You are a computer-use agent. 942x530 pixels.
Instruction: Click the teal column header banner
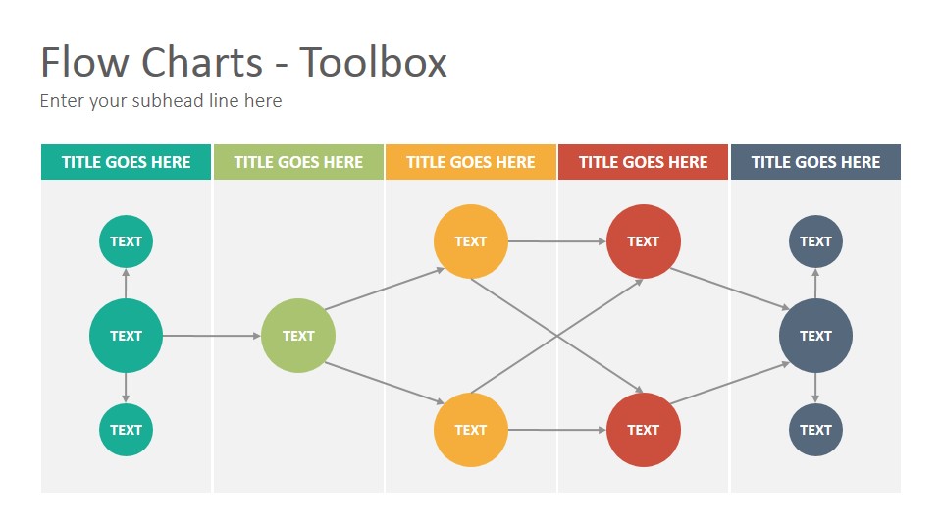[x=127, y=162]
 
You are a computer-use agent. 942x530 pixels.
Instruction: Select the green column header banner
[x=298, y=162]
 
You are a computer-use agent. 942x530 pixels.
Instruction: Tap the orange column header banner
[x=471, y=162]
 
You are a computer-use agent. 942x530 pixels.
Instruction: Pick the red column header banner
[x=644, y=162]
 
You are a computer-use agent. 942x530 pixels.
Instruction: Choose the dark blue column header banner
[x=815, y=162]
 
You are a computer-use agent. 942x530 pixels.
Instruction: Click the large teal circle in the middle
[x=127, y=336]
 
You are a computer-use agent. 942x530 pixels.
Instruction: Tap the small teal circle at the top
[x=127, y=241]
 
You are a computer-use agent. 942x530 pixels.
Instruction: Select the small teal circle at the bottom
[x=127, y=430]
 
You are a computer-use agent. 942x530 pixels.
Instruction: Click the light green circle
[x=298, y=336]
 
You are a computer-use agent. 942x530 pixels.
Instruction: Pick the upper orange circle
[x=471, y=241]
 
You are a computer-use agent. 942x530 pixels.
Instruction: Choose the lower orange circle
[x=471, y=430]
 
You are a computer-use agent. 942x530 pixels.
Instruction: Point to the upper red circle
[x=644, y=241]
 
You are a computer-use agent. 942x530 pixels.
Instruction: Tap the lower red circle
[x=644, y=430]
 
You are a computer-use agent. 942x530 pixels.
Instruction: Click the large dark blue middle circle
[x=815, y=336]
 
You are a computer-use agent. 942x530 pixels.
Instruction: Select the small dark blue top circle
[x=815, y=241]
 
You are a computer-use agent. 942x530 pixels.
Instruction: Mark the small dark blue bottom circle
[x=815, y=430]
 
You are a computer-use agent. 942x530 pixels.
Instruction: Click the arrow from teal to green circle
[x=212, y=336]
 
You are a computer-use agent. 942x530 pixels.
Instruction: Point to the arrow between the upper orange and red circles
[x=557, y=241]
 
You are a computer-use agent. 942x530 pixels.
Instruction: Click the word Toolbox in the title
[x=373, y=62]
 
